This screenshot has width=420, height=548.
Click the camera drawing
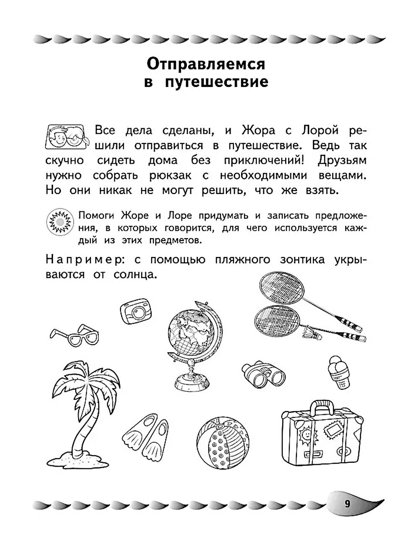[135, 311]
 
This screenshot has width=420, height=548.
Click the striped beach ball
[223, 444]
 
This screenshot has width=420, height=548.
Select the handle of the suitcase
[323, 406]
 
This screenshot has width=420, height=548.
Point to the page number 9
[347, 504]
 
